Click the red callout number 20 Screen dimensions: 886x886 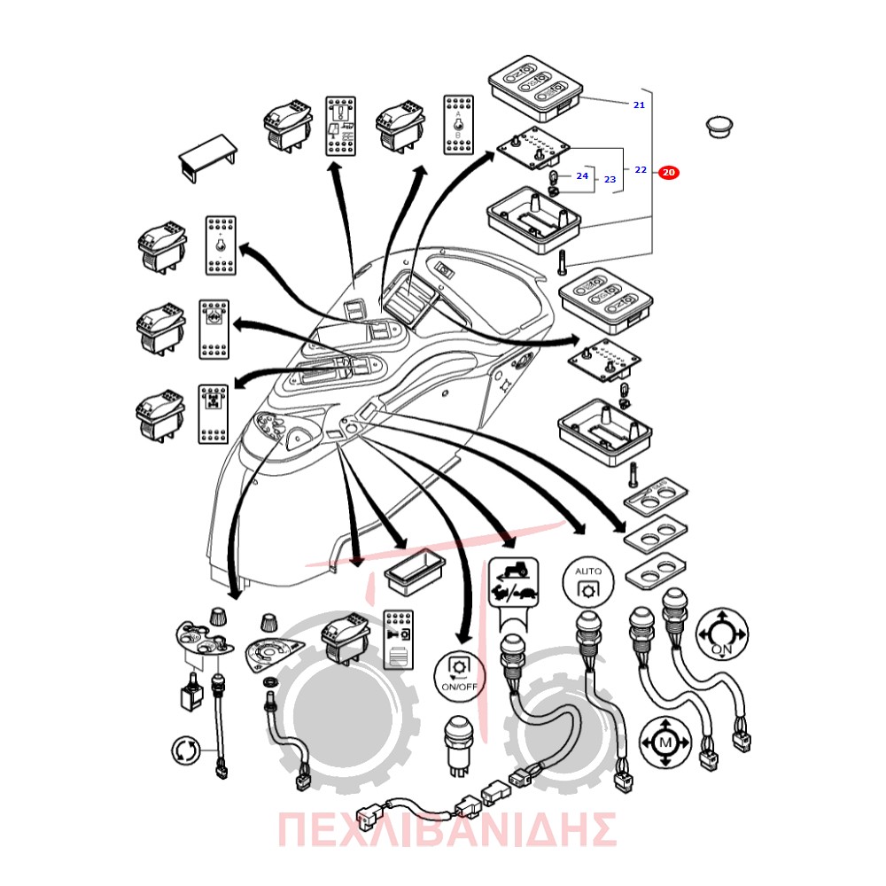click(668, 173)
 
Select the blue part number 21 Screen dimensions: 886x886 click(639, 105)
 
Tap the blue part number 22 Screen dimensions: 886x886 click(641, 169)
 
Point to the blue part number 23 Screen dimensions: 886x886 click(610, 179)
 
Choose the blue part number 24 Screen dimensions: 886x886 click(582, 175)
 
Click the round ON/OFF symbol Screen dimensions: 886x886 click(459, 676)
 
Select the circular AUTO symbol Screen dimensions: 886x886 click(588, 582)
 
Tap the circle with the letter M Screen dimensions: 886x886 click(665, 742)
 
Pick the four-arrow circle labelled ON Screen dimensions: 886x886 click(721, 633)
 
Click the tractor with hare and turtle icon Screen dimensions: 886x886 click(513, 582)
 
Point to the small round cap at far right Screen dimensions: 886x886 click(719, 127)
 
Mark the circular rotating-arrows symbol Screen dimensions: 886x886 click(186, 750)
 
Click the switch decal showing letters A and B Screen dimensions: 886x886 click(458, 125)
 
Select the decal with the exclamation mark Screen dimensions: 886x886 click(340, 126)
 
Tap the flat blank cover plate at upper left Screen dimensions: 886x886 click(207, 158)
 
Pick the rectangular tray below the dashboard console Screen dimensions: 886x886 click(415, 571)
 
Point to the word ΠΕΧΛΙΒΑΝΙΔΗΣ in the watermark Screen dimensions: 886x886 click(447, 829)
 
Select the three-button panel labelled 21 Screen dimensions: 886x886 click(534, 88)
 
